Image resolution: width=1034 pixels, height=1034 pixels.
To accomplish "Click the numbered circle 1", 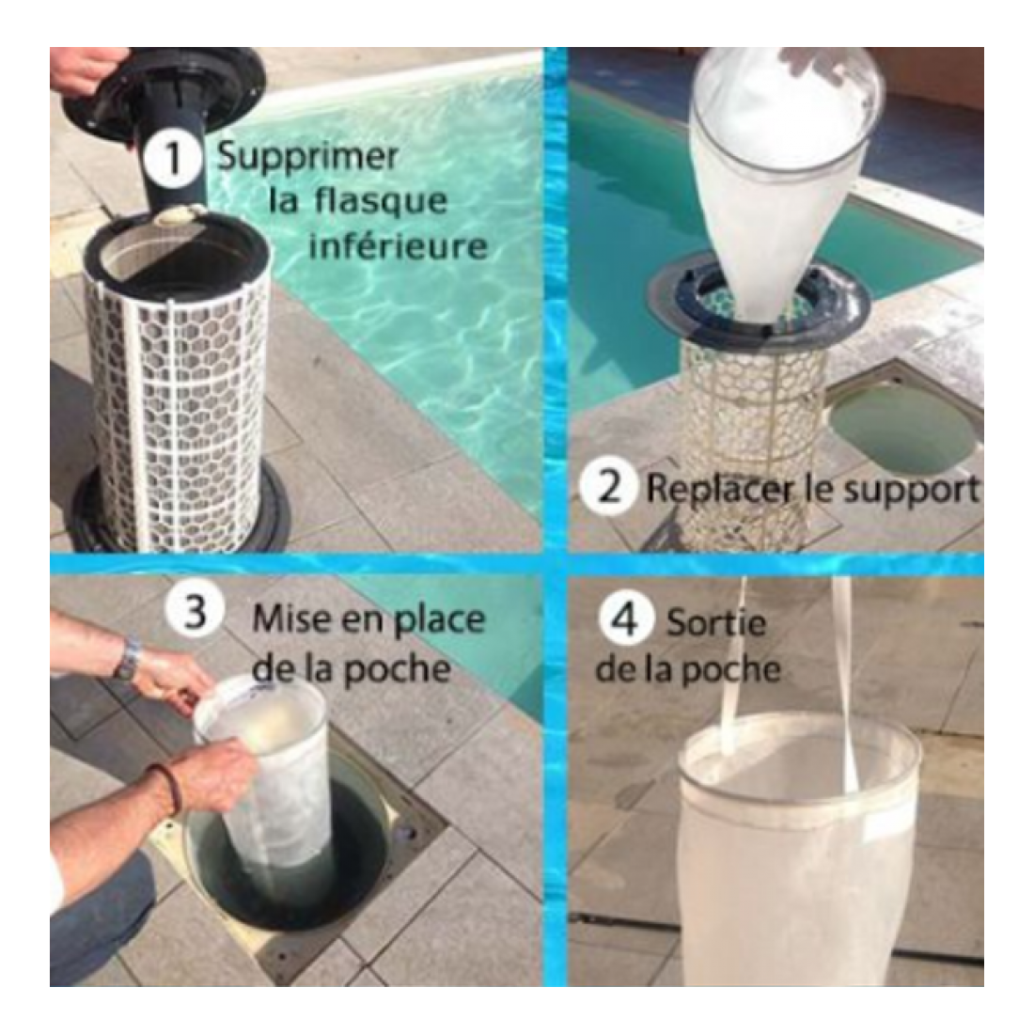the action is pyautogui.click(x=173, y=158).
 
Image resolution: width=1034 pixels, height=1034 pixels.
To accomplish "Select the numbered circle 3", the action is pyautogui.click(x=194, y=611).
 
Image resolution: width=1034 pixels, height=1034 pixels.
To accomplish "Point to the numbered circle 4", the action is pyautogui.click(x=625, y=619).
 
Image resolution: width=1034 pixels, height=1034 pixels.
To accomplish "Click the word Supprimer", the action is pyautogui.click(x=308, y=158).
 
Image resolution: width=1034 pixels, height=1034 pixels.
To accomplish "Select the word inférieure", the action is pyautogui.click(x=399, y=246).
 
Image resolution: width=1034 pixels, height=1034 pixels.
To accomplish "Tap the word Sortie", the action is pyautogui.click(x=717, y=622).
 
